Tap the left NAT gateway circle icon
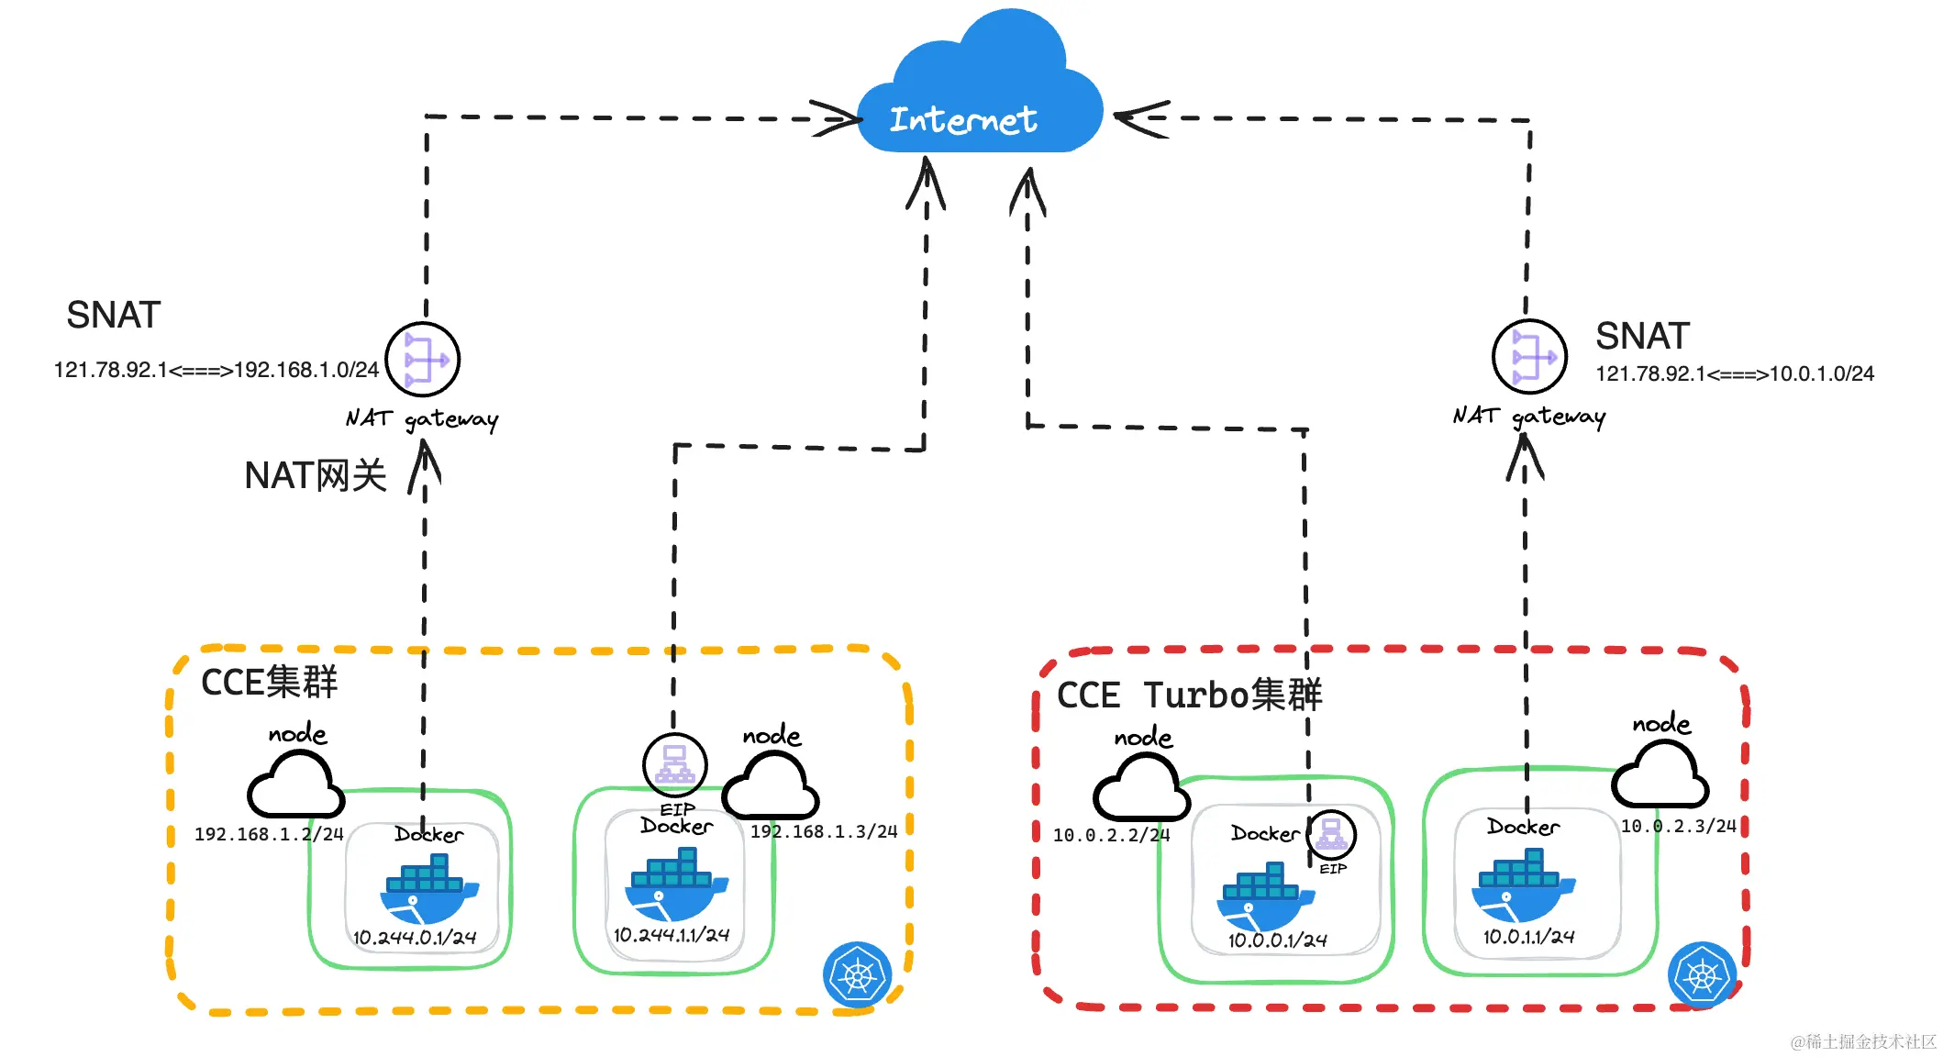click(423, 360)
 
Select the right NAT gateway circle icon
click(1529, 357)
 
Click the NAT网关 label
click(315, 476)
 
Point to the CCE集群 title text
click(269, 683)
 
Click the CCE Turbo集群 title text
click(1189, 695)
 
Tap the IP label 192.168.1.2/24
click(268, 834)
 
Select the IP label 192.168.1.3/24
click(823, 831)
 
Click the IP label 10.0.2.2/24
click(1111, 835)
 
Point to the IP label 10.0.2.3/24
click(1678, 826)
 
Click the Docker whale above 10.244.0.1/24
click(427, 889)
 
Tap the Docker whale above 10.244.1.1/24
click(675, 884)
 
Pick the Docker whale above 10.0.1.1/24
click(1521, 885)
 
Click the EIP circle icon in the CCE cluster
click(675, 764)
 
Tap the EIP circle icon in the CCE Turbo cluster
click(1331, 835)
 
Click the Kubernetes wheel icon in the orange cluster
click(857, 974)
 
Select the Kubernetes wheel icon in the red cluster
click(1702, 975)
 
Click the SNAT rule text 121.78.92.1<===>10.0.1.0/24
click(1734, 374)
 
